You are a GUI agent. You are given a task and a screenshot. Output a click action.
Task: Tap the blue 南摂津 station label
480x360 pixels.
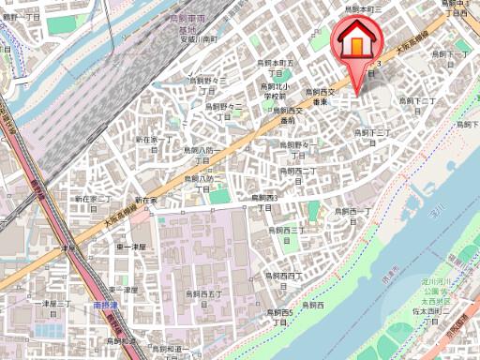coord(106,305)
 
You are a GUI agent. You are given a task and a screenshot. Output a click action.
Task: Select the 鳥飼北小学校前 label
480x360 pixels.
coord(274,92)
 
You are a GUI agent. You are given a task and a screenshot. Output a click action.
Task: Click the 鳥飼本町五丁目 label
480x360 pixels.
coord(277,67)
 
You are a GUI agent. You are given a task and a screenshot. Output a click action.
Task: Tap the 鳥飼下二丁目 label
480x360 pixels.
coord(416,104)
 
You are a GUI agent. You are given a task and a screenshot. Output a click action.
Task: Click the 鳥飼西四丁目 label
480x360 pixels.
coord(283,280)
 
